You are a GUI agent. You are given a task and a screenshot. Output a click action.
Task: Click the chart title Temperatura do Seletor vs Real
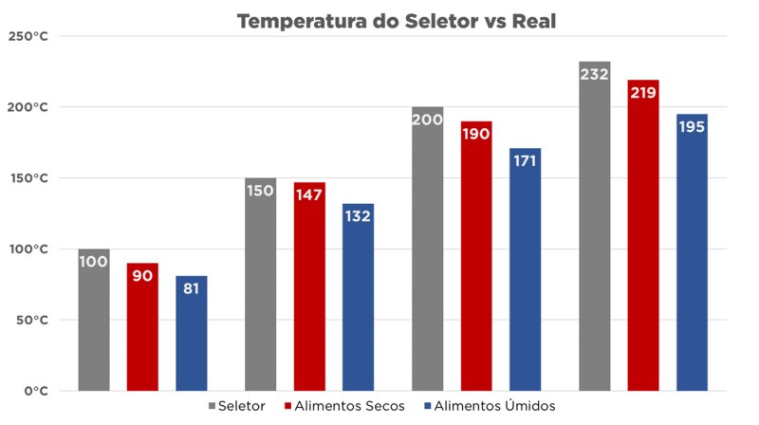[x=379, y=20]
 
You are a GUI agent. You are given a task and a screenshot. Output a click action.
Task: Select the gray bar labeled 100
[x=94, y=320]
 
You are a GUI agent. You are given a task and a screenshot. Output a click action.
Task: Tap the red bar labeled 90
[x=142, y=327]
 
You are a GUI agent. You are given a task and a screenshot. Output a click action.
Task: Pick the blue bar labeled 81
[x=192, y=333]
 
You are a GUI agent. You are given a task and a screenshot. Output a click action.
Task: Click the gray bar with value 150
[x=261, y=285]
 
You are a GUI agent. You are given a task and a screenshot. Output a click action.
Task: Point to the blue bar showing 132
[x=359, y=297]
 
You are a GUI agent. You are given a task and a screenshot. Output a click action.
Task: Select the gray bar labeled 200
[x=428, y=249]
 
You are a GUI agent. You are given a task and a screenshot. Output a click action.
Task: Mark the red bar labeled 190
[x=476, y=256]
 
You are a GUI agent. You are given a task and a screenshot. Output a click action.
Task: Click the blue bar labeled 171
[x=526, y=269]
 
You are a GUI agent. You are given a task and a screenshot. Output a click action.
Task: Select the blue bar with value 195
[x=693, y=252]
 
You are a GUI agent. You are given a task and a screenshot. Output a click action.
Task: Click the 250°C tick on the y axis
[x=29, y=36]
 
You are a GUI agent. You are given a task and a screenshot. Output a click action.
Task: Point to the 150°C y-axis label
[x=29, y=178]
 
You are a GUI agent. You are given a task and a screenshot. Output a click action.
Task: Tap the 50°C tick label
[x=32, y=321]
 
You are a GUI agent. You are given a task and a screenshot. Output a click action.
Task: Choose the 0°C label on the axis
[x=36, y=391]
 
